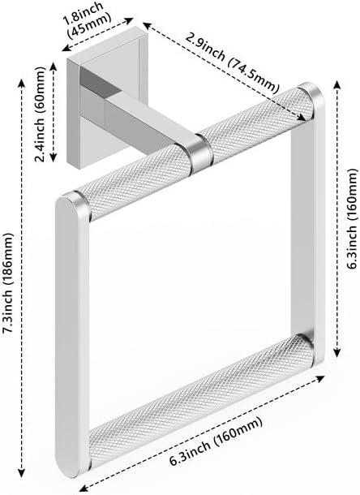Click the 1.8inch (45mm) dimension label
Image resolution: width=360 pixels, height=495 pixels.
pyautogui.click(x=88, y=20)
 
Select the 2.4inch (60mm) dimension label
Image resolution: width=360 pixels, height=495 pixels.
pyautogui.click(x=41, y=114)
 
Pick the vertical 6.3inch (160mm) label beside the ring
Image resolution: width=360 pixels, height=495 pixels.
pyautogui.click(x=352, y=219)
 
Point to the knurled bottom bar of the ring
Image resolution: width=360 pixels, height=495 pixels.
pyautogui.click(x=202, y=401)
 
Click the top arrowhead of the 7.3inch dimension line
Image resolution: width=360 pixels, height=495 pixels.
pyautogui.click(x=21, y=84)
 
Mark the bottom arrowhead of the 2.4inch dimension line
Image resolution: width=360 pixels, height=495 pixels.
pyautogui.click(x=53, y=157)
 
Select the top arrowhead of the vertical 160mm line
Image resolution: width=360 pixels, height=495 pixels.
pyautogui.click(x=336, y=85)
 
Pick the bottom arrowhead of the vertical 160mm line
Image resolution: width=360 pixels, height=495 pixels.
pyautogui.click(x=336, y=353)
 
